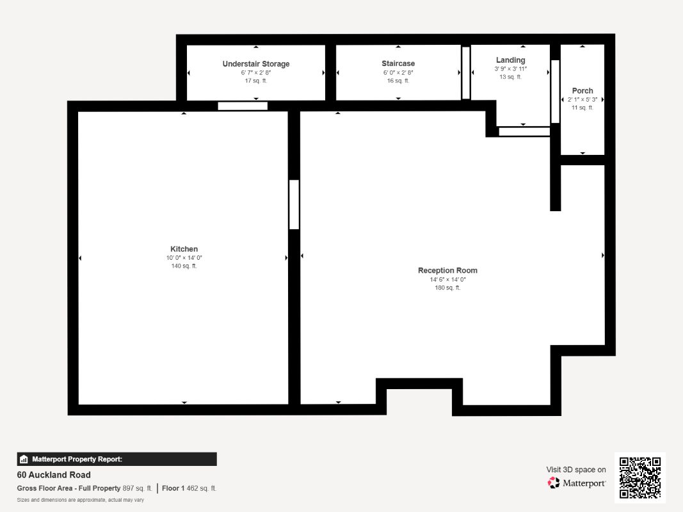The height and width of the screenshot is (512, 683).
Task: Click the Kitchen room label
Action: point(184,249)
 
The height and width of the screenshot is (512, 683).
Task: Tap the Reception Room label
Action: point(447,270)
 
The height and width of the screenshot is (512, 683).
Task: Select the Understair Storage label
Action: point(255,64)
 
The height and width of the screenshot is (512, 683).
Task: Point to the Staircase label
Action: point(398,63)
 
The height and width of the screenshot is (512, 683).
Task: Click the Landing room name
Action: point(511,60)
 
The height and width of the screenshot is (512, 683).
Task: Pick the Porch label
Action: point(583,90)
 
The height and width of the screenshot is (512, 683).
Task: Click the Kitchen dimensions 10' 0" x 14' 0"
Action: point(184,258)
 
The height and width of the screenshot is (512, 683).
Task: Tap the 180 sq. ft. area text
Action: point(447,287)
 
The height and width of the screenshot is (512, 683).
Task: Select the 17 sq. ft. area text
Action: point(255,81)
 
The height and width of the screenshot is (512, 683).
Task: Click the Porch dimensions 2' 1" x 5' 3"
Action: point(583,100)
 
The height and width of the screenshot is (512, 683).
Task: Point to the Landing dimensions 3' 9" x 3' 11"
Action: point(511,68)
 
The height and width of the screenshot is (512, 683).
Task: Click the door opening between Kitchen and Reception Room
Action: point(294,205)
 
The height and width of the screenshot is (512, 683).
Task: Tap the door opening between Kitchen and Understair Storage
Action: point(243,106)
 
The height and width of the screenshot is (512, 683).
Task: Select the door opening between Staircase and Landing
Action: point(465,73)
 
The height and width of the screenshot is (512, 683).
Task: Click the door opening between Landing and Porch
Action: point(555,92)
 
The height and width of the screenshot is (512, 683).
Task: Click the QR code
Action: point(640,477)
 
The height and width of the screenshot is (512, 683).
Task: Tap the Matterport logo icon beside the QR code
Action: point(554,483)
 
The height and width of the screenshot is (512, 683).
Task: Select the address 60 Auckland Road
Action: point(54,475)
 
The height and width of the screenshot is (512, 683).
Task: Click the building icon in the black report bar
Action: point(24,460)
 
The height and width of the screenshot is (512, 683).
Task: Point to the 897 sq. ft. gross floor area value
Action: point(137,488)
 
